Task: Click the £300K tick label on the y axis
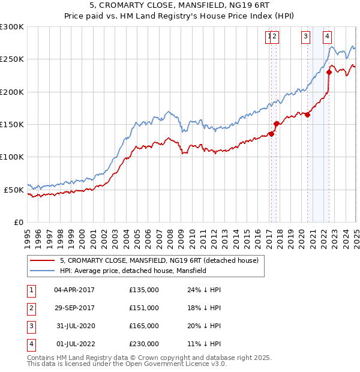(x=12, y=27)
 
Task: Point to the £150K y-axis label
(x=12, y=124)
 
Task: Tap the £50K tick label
(x=14, y=190)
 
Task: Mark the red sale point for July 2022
(x=329, y=72)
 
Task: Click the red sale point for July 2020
(x=307, y=115)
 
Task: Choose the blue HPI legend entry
(x=133, y=271)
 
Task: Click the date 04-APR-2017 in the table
(x=74, y=290)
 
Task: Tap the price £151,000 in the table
(x=144, y=308)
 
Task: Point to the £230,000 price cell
(x=144, y=344)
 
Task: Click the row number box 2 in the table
(x=30, y=308)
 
